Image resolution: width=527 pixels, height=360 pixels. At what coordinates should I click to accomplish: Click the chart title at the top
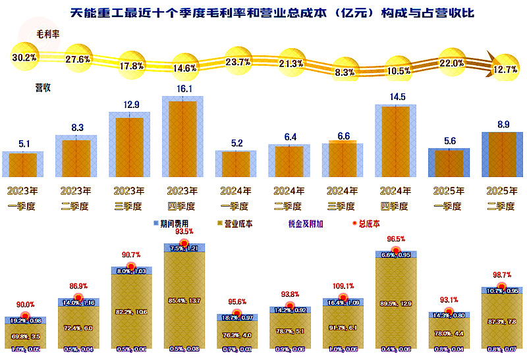263,13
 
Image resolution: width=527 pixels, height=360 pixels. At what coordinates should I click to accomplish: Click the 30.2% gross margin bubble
24,57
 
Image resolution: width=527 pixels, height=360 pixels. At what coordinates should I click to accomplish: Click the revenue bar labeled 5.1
23,165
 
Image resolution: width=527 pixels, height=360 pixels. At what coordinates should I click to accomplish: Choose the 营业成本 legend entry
238,224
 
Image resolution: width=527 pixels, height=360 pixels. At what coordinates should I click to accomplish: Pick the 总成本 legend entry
366,224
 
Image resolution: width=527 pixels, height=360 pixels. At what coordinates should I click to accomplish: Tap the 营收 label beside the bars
43,86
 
